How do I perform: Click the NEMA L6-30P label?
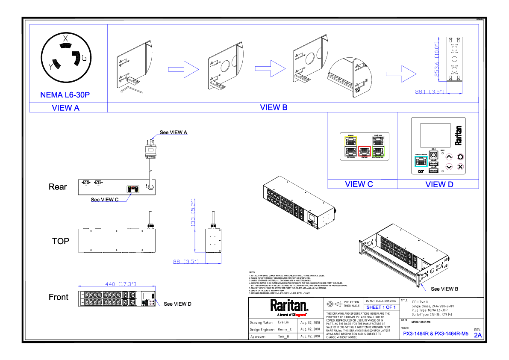coord(65,95)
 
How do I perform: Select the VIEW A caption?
coord(65,108)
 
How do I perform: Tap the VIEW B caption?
coord(274,107)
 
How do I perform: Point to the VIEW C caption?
coord(359,184)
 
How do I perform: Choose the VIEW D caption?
coord(439,184)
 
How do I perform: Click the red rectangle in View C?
coord(364,151)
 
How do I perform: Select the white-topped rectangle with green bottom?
coord(378,146)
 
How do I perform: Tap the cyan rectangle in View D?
coord(421,162)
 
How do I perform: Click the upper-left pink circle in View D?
coord(449,157)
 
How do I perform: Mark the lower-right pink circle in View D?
coord(460,167)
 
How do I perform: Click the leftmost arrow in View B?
coord(184,69)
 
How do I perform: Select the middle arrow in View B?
coord(271,69)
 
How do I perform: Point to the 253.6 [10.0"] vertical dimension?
coord(437,59)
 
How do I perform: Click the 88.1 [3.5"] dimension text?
coord(430,91)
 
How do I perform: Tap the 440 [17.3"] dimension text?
coord(121,284)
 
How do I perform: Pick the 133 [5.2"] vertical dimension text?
coord(193,212)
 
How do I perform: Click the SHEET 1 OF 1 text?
coord(381,307)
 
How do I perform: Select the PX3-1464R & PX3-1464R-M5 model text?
coord(435,334)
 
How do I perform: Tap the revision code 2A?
coord(478,335)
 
